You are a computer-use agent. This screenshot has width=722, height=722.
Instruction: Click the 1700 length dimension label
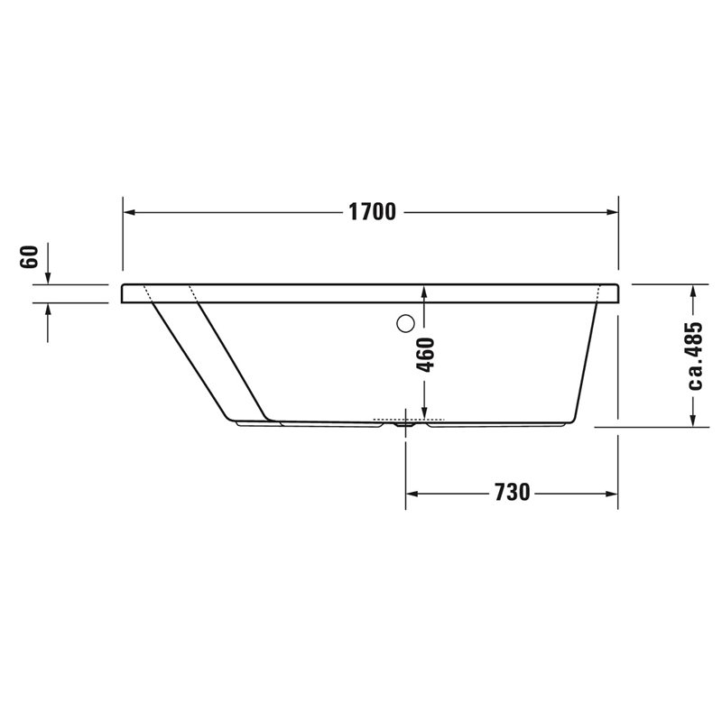click(x=372, y=212)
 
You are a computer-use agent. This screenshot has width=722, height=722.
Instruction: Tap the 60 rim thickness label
click(x=29, y=256)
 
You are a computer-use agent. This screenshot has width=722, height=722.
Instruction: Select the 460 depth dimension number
click(x=425, y=355)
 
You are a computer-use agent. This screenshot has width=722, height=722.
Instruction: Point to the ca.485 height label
click(x=695, y=356)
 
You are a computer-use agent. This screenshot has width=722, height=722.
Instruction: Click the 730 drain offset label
click(x=512, y=492)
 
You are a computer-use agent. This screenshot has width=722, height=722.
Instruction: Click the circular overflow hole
click(x=405, y=323)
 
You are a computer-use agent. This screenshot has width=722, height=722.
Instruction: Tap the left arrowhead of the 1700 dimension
click(x=130, y=212)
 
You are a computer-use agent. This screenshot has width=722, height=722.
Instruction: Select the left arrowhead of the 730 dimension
click(x=412, y=494)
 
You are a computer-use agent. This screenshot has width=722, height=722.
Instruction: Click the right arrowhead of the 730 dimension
click(x=611, y=494)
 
